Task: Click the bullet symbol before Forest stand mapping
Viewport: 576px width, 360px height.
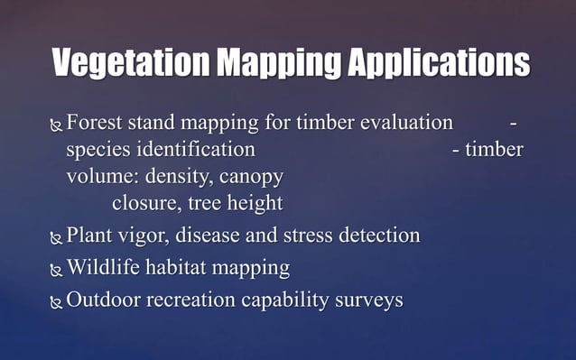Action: [x=57, y=125]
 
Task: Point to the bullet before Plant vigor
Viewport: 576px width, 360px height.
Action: [x=57, y=239]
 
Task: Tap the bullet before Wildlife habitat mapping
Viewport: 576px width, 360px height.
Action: [x=57, y=270]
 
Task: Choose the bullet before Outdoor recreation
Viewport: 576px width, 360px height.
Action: [x=57, y=302]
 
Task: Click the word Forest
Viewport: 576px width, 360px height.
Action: [x=97, y=122]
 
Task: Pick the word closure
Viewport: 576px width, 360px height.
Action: [x=143, y=203]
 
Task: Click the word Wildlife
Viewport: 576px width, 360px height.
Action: [x=103, y=268]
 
